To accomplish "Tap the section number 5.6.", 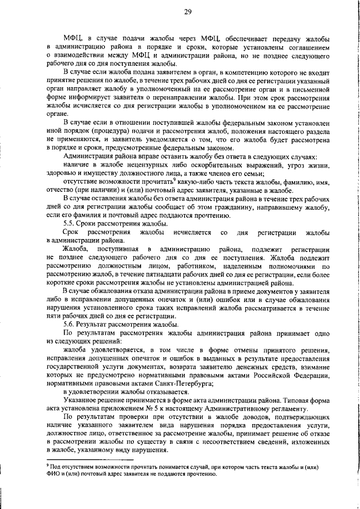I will tap(70, 325).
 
